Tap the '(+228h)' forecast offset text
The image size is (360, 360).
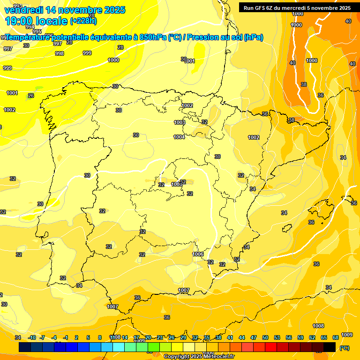tap(83, 21)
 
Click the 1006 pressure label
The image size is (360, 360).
tap(198, 254)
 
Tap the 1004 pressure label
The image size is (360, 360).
tap(179, 137)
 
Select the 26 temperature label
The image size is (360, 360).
tap(31, 96)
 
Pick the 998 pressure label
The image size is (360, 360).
tap(60, 53)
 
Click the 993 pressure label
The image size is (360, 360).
tap(17, 6)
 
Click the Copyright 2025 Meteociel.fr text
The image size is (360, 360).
tap(199, 357)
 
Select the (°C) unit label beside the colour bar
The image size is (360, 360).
tap(344, 348)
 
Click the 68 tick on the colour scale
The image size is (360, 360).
tap(336, 337)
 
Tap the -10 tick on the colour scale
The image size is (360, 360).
tap(32, 337)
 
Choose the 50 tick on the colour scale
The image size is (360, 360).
tap(265, 337)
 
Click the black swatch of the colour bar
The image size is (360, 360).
tap(330, 347)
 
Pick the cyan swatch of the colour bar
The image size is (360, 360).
tap(119, 347)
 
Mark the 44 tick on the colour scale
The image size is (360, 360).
tap(242, 337)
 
